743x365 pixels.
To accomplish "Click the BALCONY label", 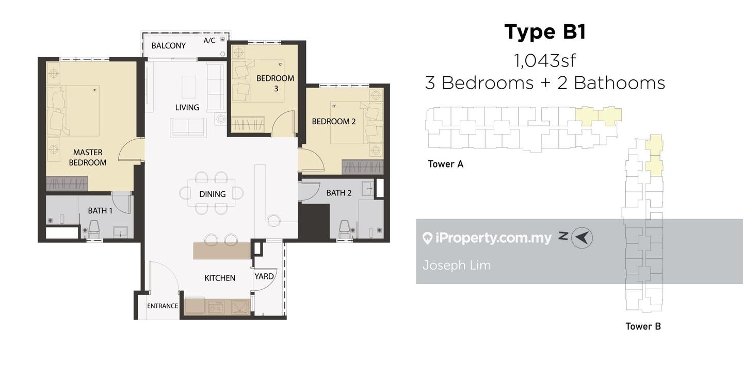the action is pos(169,46).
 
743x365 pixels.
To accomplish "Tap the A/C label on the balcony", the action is pos(209,40).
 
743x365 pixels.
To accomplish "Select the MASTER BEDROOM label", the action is pos(88,157).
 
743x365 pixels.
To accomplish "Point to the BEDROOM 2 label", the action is pos(334,121).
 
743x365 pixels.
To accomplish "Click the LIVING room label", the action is pos(187,107).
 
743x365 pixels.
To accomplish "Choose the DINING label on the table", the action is pos(212,194).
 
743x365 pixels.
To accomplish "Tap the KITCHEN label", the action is pos(220,278).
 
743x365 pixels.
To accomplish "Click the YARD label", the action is pos(264,276).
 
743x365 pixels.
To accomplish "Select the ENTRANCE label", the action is pos(163,306).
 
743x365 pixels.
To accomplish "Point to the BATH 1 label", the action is pos(100,210).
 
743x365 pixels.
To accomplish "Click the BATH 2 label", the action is pos(338,193).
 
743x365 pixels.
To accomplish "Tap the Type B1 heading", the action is pos(545,32).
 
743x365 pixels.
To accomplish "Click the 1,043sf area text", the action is pos(545,61).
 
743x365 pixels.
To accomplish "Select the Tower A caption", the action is pos(445,164).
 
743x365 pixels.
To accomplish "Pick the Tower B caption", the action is pos(643,326).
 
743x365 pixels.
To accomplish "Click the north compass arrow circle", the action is pos(582,238).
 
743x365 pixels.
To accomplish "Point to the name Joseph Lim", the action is pos(457,265).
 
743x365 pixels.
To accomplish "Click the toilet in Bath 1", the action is pos(94,229).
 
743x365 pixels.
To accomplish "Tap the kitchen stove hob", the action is pos(216,308).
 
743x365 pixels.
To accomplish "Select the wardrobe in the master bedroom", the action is pos(67,184).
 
